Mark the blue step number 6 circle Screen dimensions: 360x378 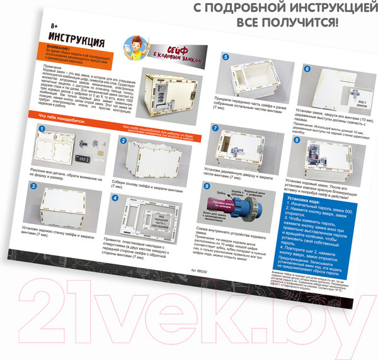(307, 69)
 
